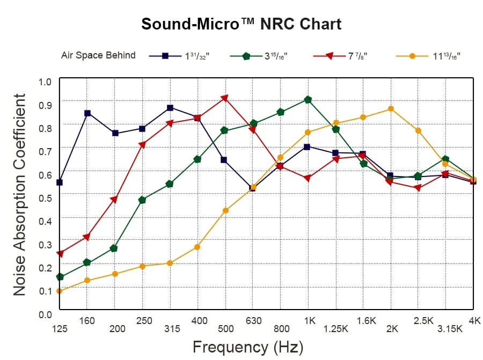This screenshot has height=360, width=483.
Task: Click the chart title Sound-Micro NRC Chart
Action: (x=241, y=24)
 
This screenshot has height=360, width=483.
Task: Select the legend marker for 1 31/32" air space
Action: (x=165, y=55)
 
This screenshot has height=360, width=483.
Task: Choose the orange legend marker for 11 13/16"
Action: (x=412, y=55)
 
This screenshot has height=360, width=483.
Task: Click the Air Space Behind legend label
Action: (x=98, y=55)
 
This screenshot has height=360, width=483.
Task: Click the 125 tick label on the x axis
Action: (x=60, y=329)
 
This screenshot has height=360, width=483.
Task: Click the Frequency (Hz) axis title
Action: (x=247, y=347)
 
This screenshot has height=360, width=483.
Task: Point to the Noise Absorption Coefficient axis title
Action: (x=19, y=194)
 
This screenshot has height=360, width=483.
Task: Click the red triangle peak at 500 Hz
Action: (x=224, y=98)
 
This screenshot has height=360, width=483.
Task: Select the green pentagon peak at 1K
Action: (x=308, y=100)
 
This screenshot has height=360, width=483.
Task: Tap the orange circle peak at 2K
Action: (x=391, y=109)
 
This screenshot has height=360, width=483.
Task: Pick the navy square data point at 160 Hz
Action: (x=87, y=113)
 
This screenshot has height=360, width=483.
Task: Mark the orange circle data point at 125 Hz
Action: (x=60, y=291)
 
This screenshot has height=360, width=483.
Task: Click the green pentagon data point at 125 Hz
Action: (x=60, y=277)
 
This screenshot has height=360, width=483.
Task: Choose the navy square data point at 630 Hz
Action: (x=252, y=188)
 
